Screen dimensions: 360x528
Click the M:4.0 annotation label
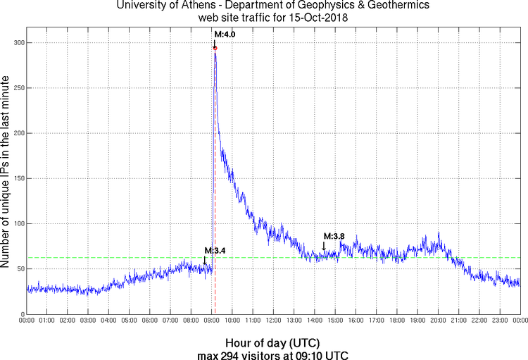tap(224, 33)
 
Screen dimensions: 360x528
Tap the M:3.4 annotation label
tap(214, 250)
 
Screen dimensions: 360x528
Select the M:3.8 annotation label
tap(334, 236)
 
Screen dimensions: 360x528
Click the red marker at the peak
tap(215, 48)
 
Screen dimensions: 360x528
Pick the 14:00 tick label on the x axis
tap(314, 321)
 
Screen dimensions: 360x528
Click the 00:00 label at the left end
tap(27, 321)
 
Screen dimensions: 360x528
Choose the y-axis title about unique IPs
tap(6, 173)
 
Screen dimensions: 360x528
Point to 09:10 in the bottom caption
tap(307, 354)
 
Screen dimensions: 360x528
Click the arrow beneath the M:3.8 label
tap(324, 246)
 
